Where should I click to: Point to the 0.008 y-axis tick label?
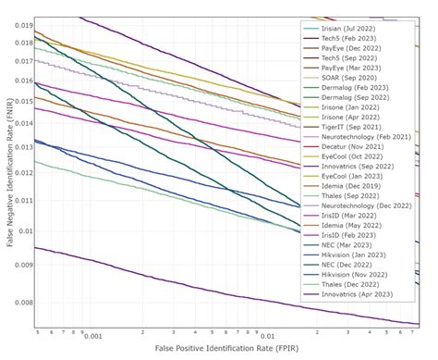(23, 303)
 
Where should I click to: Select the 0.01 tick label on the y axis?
(25, 231)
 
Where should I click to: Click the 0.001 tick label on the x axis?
(92, 337)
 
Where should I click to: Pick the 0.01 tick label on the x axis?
(267, 337)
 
